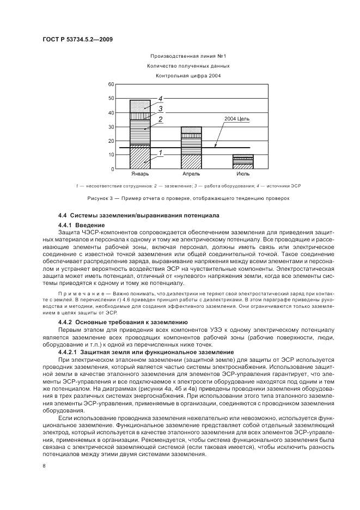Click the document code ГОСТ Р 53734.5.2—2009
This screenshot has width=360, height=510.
(x=77, y=39)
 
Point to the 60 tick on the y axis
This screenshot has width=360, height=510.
(x=111, y=84)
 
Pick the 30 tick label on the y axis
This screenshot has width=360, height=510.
(x=111, y=127)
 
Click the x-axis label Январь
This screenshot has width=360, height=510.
(x=140, y=174)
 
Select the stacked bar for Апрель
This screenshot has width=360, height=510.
(x=191, y=148)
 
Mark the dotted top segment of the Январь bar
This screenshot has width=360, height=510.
(x=140, y=106)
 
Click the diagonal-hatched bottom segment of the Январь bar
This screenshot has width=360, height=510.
(x=140, y=158)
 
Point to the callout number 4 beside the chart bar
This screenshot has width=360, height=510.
(x=161, y=99)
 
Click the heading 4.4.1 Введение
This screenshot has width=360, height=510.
(x=81, y=225)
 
